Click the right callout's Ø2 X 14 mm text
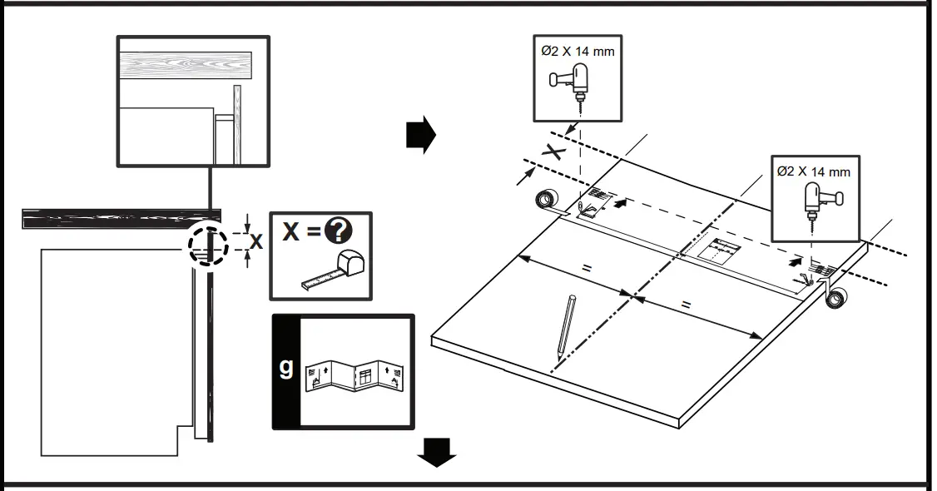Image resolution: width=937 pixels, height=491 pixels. [x=813, y=171]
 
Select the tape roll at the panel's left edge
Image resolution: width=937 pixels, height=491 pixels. [x=546, y=201]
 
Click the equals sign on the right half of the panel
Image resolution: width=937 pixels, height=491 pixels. [x=686, y=305]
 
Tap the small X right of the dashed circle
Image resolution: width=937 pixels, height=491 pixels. [x=256, y=242]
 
